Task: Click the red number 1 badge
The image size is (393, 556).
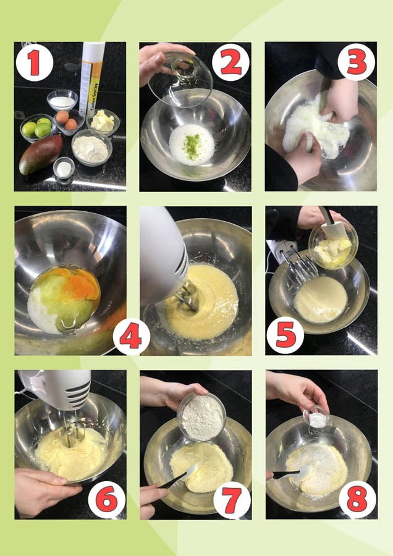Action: [35, 63]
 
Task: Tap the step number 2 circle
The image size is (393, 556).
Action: [230, 63]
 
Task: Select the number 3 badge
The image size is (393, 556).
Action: [356, 62]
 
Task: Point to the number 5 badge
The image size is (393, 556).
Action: [285, 335]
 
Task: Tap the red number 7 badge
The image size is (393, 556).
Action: [232, 500]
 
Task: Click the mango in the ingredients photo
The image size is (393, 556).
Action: [41, 154]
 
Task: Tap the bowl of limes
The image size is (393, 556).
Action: [37, 128]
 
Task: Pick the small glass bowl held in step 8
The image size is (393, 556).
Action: [316, 418]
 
